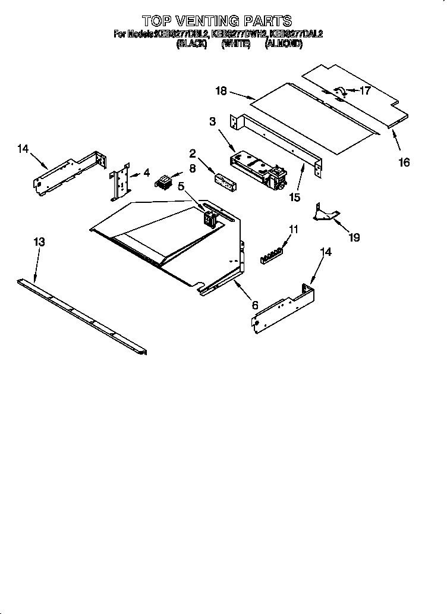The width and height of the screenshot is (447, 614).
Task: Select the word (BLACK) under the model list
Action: coord(191,43)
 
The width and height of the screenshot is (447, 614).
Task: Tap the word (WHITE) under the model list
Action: coord(235,43)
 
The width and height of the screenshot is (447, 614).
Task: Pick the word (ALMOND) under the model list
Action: coord(284,43)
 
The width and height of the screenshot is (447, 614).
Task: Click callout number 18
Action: coord(221,90)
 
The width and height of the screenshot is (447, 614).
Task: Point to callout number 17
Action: coord(365,91)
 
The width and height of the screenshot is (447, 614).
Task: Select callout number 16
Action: coord(404,162)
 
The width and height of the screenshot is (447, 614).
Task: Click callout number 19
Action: coord(354,238)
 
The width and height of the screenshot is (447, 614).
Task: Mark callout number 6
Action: coord(255,305)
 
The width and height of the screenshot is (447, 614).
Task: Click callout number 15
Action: coord(294,197)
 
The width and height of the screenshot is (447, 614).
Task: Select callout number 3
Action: coord(212,121)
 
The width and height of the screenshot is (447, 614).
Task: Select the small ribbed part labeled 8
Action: coord(163,181)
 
